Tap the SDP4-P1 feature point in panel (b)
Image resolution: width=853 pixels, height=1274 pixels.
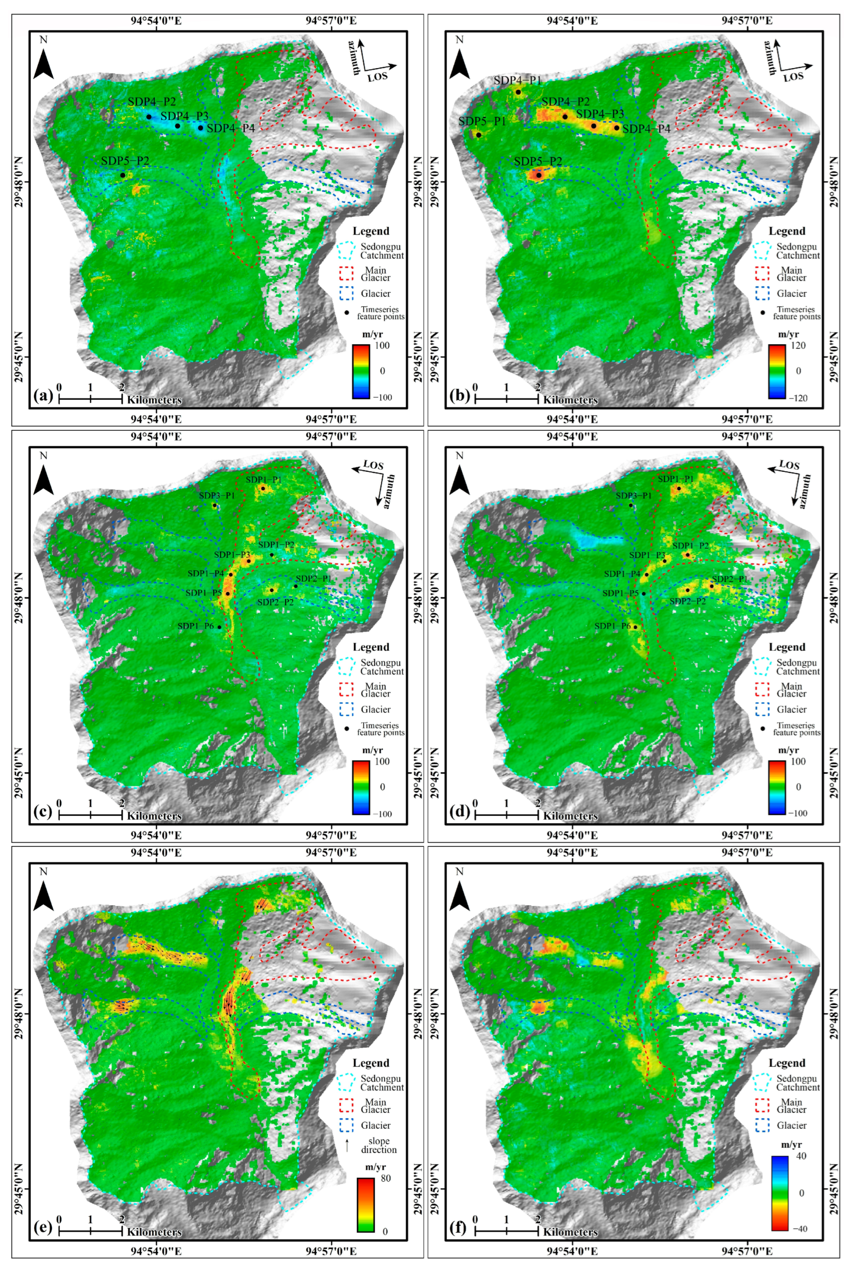tap(518, 92)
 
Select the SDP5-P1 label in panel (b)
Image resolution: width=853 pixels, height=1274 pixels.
tap(483, 121)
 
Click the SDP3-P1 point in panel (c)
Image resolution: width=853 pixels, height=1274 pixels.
tap(214, 505)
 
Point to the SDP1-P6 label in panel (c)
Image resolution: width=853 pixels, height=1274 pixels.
tap(195, 626)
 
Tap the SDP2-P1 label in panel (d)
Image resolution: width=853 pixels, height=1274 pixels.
tap(730, 579)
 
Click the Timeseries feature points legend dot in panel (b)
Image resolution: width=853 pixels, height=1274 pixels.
tap(762, 313)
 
